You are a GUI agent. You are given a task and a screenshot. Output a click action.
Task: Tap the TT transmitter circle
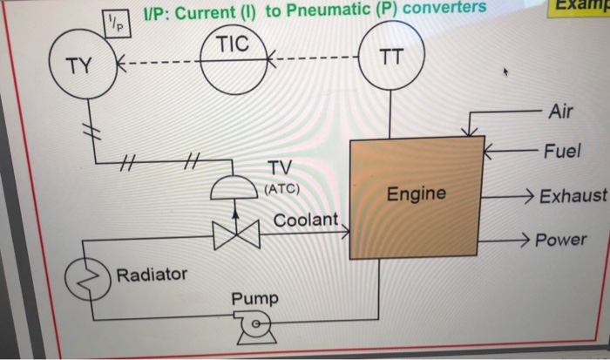pyautogui.click(x=391, y=59)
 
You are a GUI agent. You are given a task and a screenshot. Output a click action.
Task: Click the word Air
pyautogui.click(x=562, y=111)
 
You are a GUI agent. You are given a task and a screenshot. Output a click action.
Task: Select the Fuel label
pyautogui.click(x=561, y=151)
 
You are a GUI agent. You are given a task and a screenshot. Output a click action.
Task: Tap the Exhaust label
pyautogui.click(x=572, y=195)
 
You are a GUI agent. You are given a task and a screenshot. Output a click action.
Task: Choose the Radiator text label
pyautogui.click(x=152, y=275)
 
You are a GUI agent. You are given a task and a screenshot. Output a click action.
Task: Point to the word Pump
pyautogui.click(x=254, y=299)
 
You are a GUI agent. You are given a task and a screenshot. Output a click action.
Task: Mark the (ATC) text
pyautogui.click(x=281, y=187)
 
